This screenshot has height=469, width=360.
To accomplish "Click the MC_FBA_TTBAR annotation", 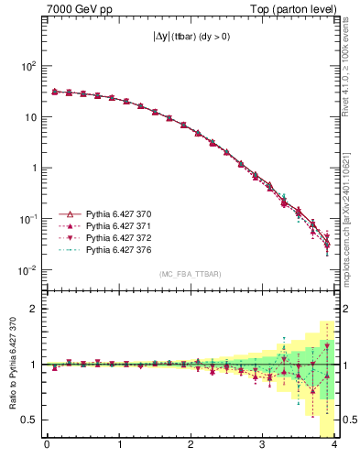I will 191,274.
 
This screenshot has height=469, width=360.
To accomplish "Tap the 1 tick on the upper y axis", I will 34,169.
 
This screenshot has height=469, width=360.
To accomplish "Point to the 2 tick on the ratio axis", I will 34,309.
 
